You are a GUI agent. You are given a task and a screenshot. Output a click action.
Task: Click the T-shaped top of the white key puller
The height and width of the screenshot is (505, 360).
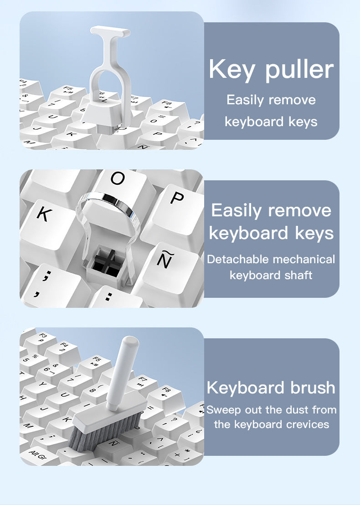click(x=110, y=31)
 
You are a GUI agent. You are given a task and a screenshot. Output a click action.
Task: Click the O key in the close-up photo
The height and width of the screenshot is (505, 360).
click(x=118, y=179)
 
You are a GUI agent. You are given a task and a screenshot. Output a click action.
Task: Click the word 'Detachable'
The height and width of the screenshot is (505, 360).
click(x=237, y=260)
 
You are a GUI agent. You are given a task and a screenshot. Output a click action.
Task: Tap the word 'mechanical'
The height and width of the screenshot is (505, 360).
click(x=303, y=260)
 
